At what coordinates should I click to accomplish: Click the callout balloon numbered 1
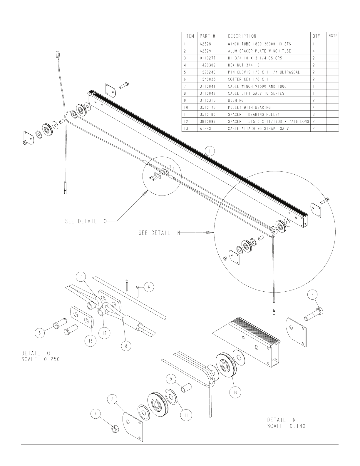click(210, 151)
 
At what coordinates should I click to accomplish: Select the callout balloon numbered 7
click(81, 277)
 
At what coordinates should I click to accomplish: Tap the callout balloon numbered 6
click(149, 287)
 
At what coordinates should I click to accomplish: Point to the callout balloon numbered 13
click(91, 340)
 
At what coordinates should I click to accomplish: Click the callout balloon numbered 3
click(312, 295)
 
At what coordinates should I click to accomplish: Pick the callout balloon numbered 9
click(171, 379)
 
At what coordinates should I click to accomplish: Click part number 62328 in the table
click(205, 44)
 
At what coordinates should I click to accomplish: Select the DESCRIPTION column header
click(242, 36)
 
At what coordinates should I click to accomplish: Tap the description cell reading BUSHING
click(236, 100)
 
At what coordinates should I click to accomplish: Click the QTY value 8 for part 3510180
click(314, 115)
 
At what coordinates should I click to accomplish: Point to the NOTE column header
click(333, 36)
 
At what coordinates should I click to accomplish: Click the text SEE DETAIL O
click(86, 221)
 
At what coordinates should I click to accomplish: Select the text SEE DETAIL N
click(159, 233)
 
